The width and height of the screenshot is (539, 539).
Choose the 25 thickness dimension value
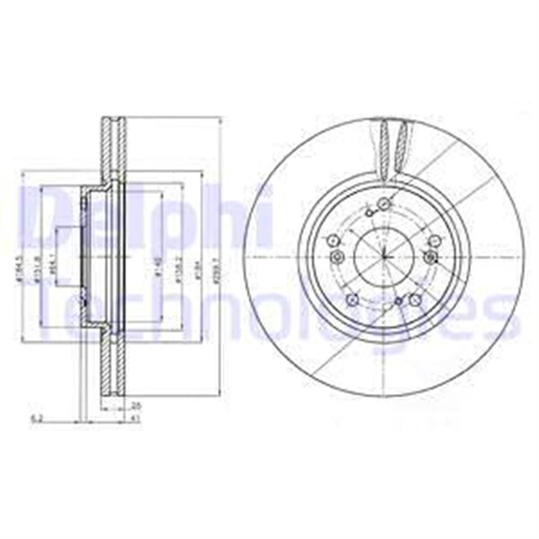(x=137, y=407)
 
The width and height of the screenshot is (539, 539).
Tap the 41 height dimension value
(x=137, y=419)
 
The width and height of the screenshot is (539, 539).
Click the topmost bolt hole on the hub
(x=384, y=202)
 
